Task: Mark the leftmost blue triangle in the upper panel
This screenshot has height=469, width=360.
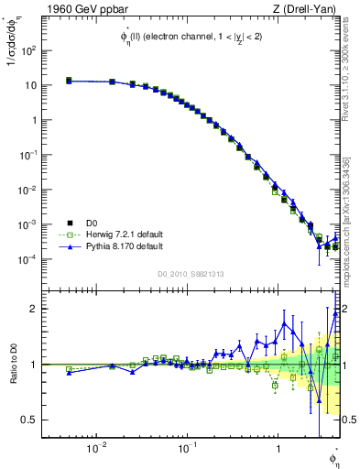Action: tap(69, 82)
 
